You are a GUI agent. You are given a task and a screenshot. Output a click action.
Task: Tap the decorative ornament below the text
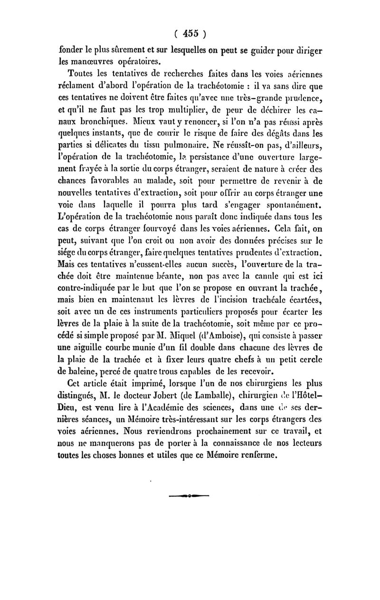coord(190,496)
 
